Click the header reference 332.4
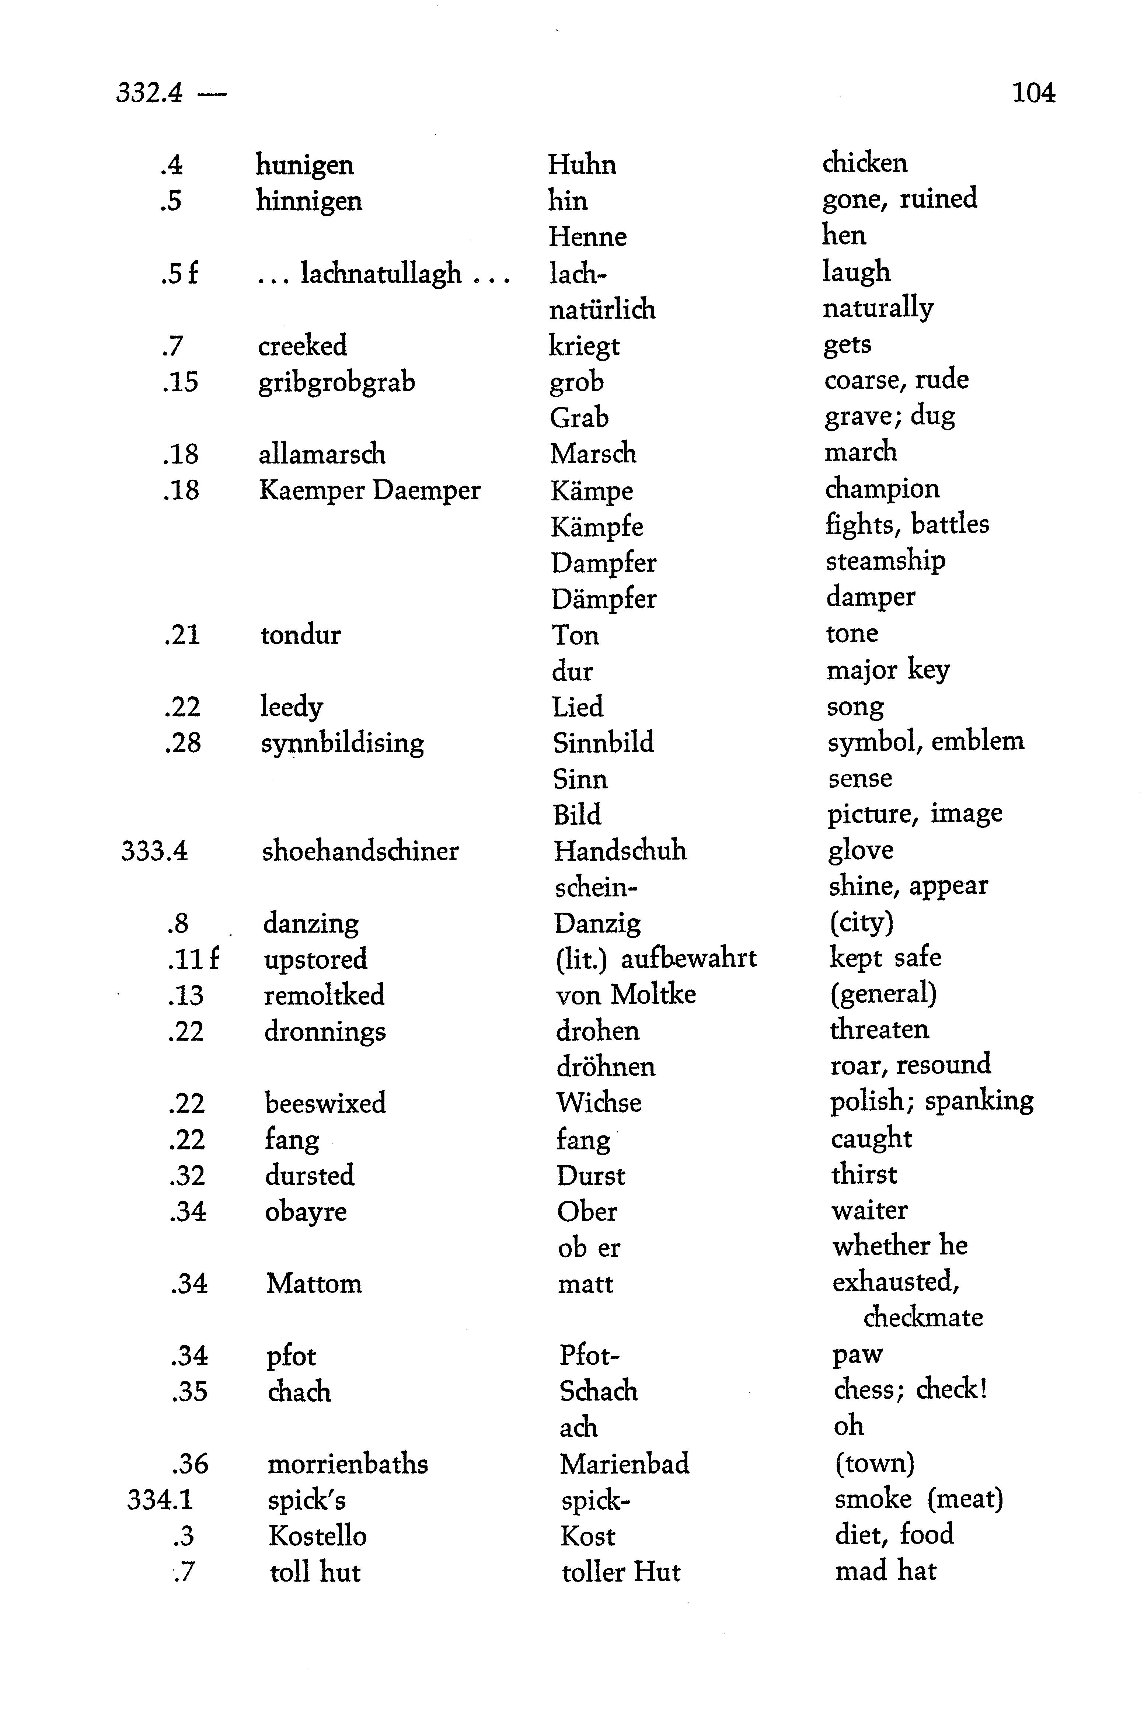pyautogui.click(x=150, y=93)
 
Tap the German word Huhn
pyautogui.click(x=582, y=165)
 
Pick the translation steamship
pyautogui.click(x=885, y=560)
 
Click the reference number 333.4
pyautogui.click(x=155, y=851)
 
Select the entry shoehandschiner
pyautogui.click(x=360, y=851)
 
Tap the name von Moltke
pyautogui.click(x=625, y=994)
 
